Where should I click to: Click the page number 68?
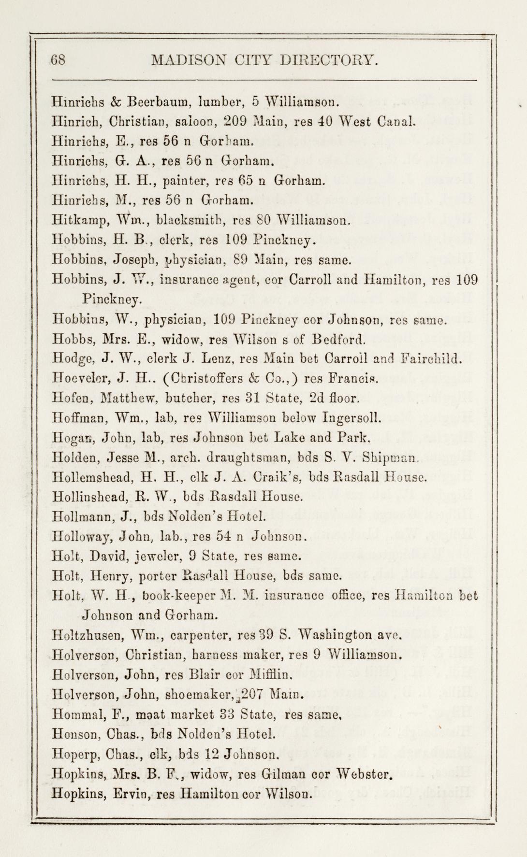[x=61, y=60]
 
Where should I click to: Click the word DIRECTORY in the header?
[x=329, y=60]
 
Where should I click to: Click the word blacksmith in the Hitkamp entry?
[x=192, y=222]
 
